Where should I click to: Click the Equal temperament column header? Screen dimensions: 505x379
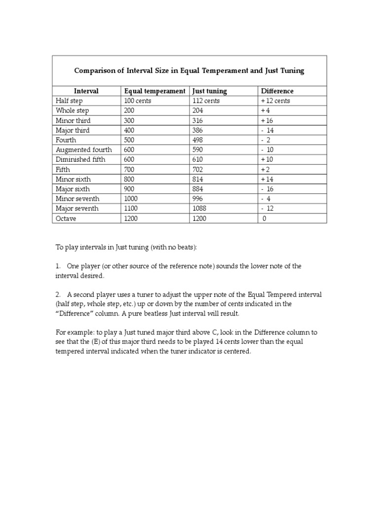coord(154,91)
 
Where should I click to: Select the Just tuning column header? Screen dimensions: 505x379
coord(210,91)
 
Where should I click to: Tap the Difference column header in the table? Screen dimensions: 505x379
coord(277,91)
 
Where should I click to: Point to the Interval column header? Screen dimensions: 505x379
coord(86,91)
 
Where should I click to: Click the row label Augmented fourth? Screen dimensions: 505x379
coord(84,149)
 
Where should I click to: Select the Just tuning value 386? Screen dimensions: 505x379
coord(198,130)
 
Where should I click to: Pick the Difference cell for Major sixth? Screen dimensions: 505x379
coord(267,189)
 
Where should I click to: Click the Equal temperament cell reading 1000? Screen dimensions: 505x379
coord(132,199)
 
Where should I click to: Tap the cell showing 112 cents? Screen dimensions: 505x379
coord(206,101)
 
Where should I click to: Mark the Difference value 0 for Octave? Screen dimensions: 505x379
coord(265,218)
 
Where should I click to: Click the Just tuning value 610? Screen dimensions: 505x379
coord(198,159)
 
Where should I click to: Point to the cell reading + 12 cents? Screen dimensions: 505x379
coord(275,101)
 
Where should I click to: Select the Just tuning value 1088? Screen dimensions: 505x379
coord(199,209)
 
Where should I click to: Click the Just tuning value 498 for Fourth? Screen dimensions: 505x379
coord(198,140)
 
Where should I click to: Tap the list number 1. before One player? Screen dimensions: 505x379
coord(58,266)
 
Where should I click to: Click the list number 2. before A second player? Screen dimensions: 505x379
coord(58,294)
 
